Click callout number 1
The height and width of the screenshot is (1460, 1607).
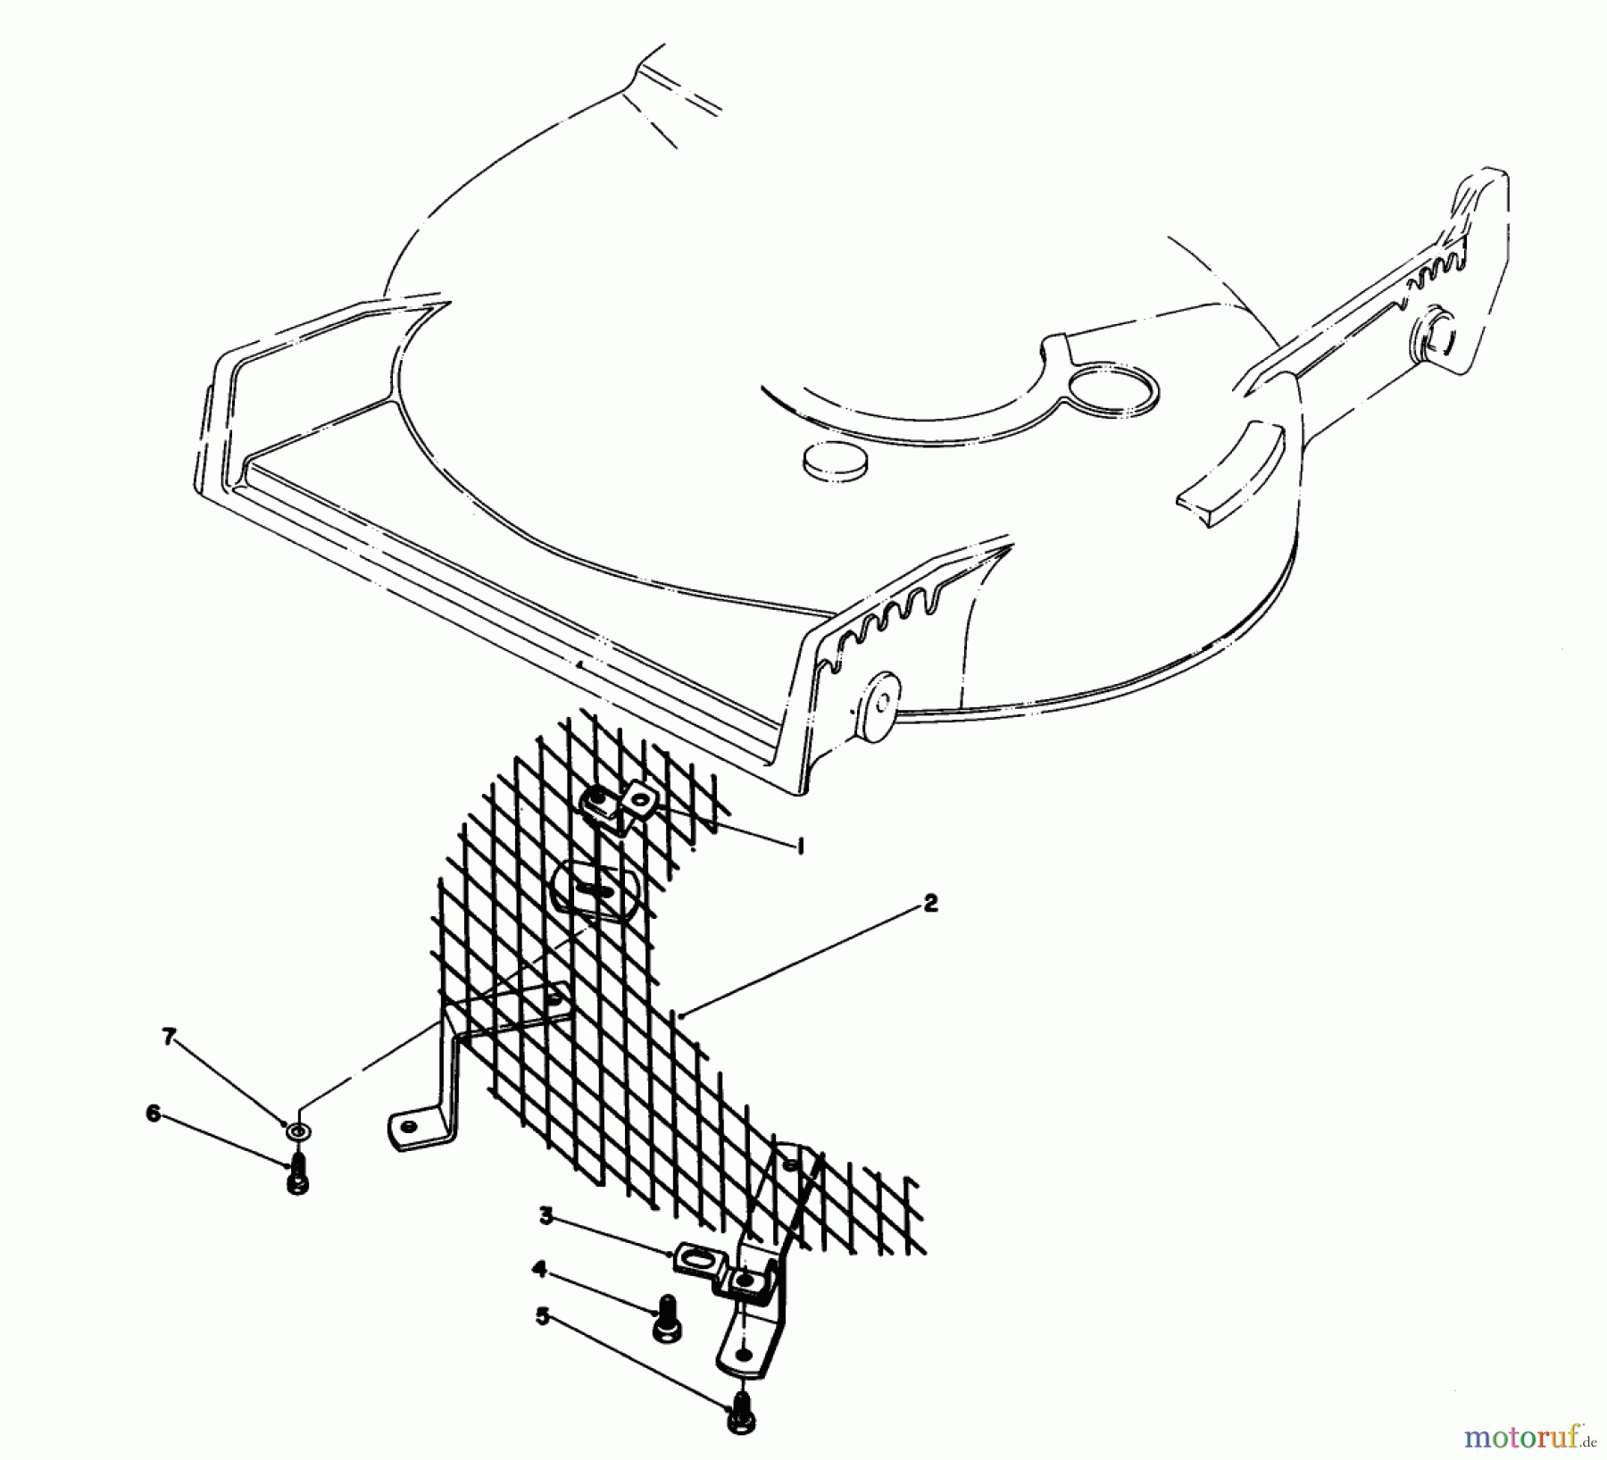click(x=800, y=847)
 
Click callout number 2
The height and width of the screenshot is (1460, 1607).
click(x=930, y=904)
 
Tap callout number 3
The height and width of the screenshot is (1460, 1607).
click(x=545, y=1214)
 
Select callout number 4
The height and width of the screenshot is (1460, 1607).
click(x=538, y=1267)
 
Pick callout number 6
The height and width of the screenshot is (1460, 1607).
click(x=154, y=1114)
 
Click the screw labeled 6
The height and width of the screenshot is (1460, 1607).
click(x=298, y=1173)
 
